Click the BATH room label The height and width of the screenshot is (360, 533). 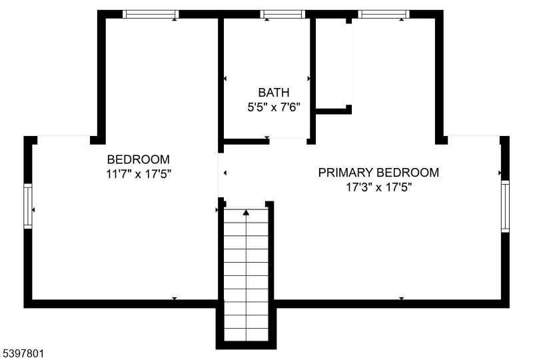click(x=274, y=93)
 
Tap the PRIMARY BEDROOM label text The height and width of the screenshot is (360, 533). click(x=378, y=173)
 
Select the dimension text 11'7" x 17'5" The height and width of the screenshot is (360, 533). click(x=139, y=174)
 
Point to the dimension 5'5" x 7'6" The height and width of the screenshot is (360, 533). click(x=274, y=107)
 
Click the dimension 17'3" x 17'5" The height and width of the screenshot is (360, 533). click(x=378, y=187)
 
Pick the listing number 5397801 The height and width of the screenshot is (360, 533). click(x=22, y=353)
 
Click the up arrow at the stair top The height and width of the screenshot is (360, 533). click(x=246, y=213)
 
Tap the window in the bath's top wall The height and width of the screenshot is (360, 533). click(x=282, y=14)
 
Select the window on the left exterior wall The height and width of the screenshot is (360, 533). click(x=28, y=206)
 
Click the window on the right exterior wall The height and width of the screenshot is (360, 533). click(x=506, y=206)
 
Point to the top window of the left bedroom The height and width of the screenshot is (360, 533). click(x=151, y=14)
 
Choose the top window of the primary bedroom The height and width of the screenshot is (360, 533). click(x=384, y=14)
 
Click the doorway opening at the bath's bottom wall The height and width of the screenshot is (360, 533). click(x=288, y=141)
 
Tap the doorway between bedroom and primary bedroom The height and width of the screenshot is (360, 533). click(x=221, y=175)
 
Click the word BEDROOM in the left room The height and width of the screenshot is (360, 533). click(x=139, y=159)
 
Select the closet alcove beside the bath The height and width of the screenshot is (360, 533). click(x=331, y=63)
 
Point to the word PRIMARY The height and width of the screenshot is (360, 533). click(x=346, y=173)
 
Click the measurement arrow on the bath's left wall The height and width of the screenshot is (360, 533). click(x=225, y=79)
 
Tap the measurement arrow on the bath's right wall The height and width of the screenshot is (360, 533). click(x=308, y=79)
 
